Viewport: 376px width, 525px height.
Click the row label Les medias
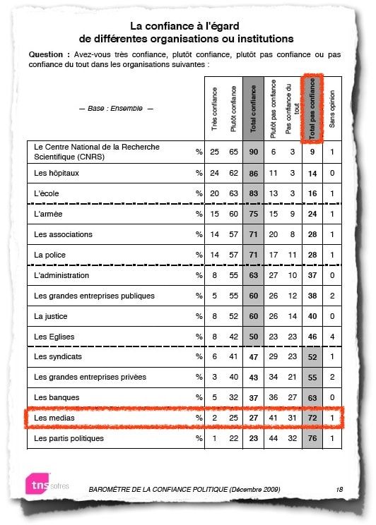(x=54, y=418)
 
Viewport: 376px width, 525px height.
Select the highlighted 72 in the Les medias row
(x=311, y=418)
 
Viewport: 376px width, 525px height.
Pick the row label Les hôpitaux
(x=57, y=172)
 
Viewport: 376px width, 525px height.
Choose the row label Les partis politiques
(x=69, y=439)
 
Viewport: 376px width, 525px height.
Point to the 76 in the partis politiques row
(x=311, y=439)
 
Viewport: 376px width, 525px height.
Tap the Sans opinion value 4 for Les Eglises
(x=332, y=337)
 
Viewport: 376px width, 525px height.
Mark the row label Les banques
(x=55, y=398)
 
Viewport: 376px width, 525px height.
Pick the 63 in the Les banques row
(x=311, y=398)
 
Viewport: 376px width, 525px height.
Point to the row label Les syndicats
(x=57, y=357)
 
